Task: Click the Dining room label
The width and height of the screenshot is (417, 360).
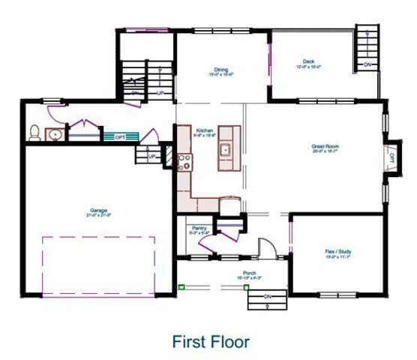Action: (220, 69)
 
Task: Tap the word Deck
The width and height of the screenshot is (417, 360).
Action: (308, 61)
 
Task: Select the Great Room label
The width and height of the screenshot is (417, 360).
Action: (326, 145)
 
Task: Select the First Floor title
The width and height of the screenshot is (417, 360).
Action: (211, 341)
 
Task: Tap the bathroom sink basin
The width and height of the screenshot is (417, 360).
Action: (54, 136)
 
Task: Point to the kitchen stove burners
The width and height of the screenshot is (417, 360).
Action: (184, 160)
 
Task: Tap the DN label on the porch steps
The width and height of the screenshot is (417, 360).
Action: (268, 297)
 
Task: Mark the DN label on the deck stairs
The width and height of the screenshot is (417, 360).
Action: (367, 65)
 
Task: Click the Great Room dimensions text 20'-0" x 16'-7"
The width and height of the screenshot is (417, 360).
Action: (326, 151)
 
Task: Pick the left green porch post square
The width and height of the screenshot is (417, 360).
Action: (181, 286)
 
